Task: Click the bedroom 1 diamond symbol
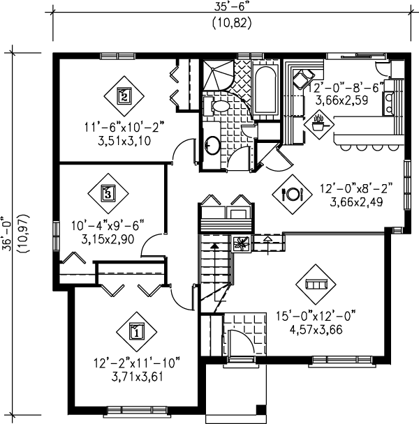click(137, 331)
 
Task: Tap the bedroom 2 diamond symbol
click(124, 95)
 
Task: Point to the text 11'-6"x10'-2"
click(123, 127)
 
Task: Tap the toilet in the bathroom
click(217, 106)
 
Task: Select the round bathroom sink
click(212, 145)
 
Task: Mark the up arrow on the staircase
click(215, 245)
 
